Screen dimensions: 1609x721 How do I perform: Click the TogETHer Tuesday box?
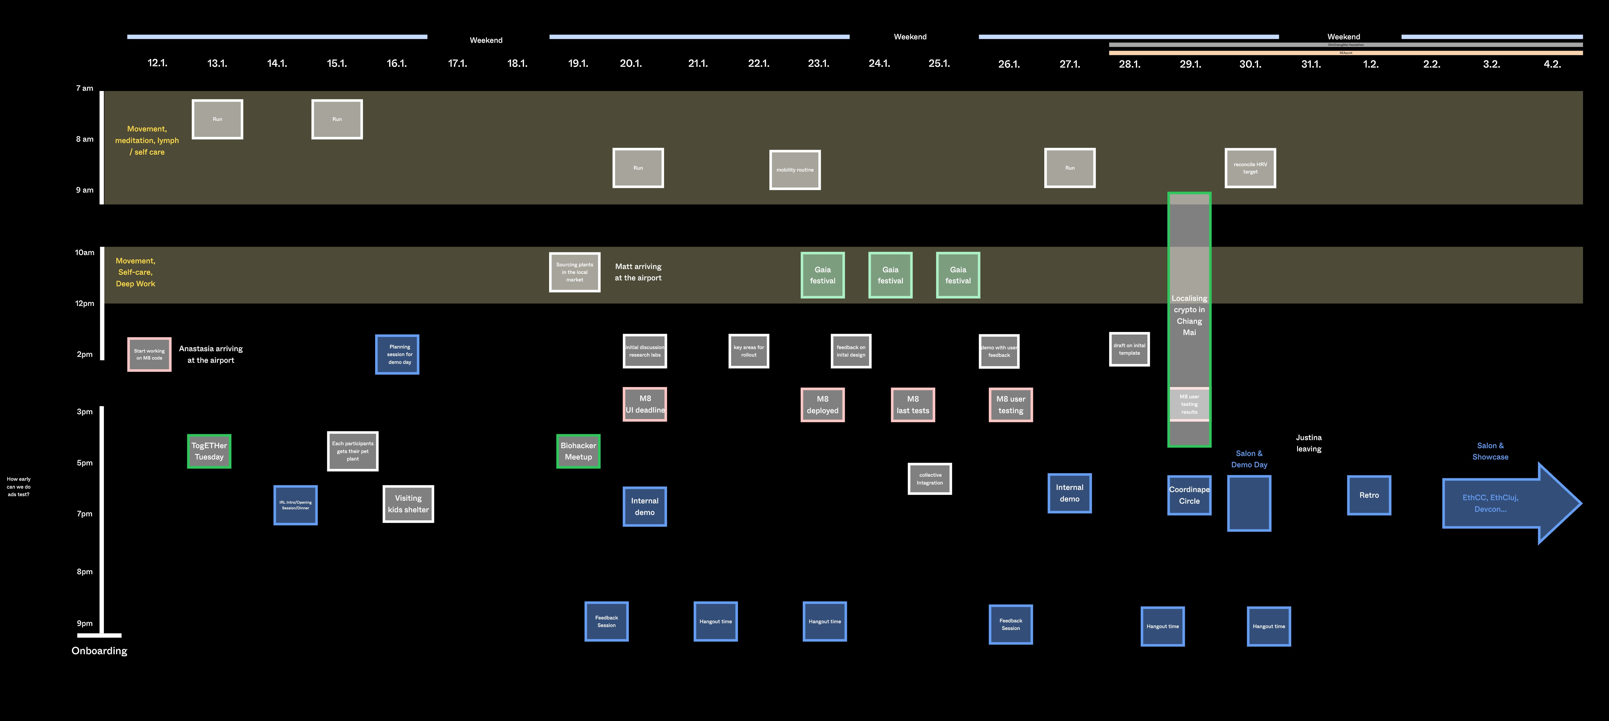point(209,451)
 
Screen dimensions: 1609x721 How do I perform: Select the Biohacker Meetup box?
point(578,451)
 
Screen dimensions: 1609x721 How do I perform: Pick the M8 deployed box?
point(823,405)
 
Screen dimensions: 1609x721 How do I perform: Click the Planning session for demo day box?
point(397,354)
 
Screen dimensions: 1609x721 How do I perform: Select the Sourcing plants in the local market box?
point(575,272)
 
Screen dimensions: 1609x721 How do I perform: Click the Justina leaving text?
point(1308,443)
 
